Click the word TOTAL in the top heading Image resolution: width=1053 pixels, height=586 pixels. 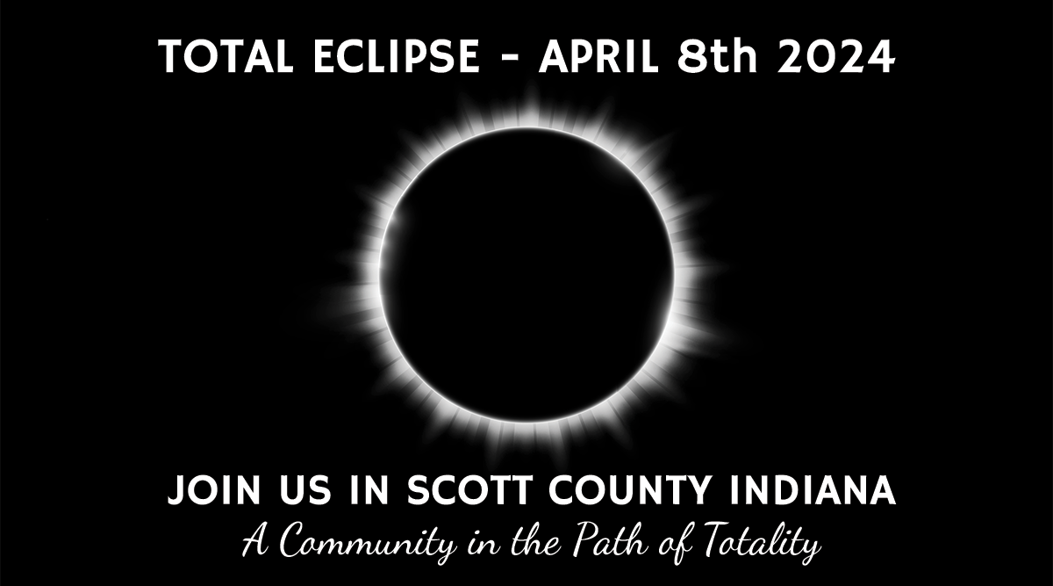tap(226, 56)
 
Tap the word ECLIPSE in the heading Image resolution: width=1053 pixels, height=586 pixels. tap(397, 56)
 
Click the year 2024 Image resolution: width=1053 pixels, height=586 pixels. tap(835, 56)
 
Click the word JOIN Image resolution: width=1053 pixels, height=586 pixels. tap(214, 490)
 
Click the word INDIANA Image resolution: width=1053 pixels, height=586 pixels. tap(813, 490)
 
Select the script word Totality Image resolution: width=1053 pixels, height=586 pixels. tap(762, 541)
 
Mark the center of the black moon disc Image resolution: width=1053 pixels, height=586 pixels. tap(527, 275)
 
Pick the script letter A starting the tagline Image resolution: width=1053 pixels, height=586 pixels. tap(256, 540)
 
